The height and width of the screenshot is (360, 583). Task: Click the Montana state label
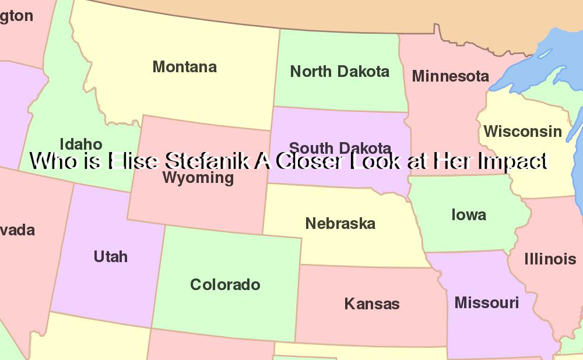click(184, 67)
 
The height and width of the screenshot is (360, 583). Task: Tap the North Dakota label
click(339, 72)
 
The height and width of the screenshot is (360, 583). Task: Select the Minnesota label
click(450, 76)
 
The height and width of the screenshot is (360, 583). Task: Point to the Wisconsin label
click(522, 132)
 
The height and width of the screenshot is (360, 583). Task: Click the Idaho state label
click(81, 144)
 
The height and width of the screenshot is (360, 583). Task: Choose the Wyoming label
click(198, 178)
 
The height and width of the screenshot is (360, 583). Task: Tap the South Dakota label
click(340, 148)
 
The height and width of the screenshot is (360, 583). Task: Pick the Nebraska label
click(340, 223)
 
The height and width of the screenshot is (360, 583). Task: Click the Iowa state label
click(468, 215)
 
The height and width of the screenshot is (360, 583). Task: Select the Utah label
click(110, 256)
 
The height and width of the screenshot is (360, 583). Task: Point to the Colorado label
click(225, 285)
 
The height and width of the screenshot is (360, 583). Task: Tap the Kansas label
click(372, 303)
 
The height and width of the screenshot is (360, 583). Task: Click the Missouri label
click(486, 303)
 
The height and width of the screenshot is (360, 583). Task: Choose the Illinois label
click(550, 259)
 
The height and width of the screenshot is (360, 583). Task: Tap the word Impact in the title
click(512, 161)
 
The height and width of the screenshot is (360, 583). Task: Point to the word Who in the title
click(51, 161)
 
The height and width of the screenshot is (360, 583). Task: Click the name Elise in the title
click(134, 161)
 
